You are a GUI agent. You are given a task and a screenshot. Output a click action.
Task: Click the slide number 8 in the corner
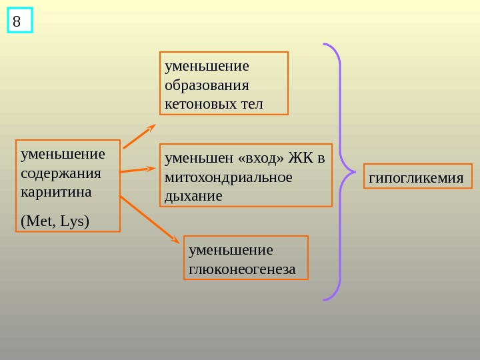17,21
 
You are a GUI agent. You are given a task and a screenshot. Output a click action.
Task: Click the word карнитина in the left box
56,192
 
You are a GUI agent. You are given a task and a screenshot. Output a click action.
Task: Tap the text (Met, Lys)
55,220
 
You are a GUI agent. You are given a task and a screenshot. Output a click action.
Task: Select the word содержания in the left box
61,173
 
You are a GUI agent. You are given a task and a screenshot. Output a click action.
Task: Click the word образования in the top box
207,85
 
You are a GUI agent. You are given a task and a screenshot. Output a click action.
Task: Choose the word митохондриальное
228,177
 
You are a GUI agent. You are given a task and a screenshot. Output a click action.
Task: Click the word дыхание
193,197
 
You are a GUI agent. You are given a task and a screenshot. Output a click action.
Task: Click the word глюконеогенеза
241,269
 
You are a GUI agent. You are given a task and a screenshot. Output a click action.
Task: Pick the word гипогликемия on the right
416,178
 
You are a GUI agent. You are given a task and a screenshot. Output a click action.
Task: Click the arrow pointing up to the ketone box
139,136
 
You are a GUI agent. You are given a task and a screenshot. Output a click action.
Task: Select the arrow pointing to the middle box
137,170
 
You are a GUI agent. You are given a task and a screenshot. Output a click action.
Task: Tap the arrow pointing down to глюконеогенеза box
149,218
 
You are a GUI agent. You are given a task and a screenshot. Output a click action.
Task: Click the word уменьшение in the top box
207,66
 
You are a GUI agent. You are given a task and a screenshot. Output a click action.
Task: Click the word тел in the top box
251,104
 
